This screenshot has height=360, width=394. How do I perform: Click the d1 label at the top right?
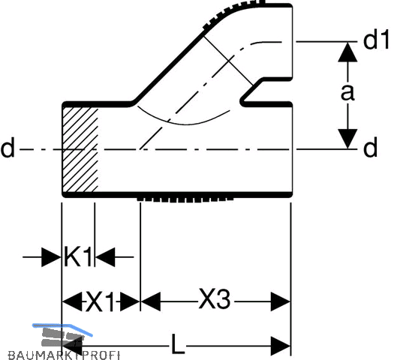point(376,40)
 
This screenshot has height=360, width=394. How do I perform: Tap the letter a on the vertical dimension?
point(347,92)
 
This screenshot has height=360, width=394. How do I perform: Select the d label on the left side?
point(8,148)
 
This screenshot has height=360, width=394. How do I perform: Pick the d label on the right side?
point(371,148)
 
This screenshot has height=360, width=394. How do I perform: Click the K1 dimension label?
point(78,256)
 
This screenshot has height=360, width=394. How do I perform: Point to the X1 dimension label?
point(101,301)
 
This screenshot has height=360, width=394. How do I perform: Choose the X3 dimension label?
point(215,298)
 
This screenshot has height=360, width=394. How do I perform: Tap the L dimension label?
point(178,344)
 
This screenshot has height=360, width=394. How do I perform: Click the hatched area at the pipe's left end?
point(80,149)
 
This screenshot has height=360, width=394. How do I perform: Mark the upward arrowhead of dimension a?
point(347,52)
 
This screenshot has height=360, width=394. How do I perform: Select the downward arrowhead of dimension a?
point(347,139)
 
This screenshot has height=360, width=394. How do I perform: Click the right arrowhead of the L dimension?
point(281,346)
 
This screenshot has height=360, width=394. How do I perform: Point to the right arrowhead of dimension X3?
point(281,301)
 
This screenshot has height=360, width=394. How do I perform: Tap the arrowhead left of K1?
point(52,257)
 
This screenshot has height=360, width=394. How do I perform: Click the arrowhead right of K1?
point(105,257)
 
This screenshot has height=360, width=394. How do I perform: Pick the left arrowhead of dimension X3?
point(151,301)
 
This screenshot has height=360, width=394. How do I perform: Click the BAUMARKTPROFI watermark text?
point(64,355)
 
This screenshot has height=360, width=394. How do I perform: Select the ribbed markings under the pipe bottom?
point(185,199)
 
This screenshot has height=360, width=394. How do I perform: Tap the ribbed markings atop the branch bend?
point(233,13)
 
